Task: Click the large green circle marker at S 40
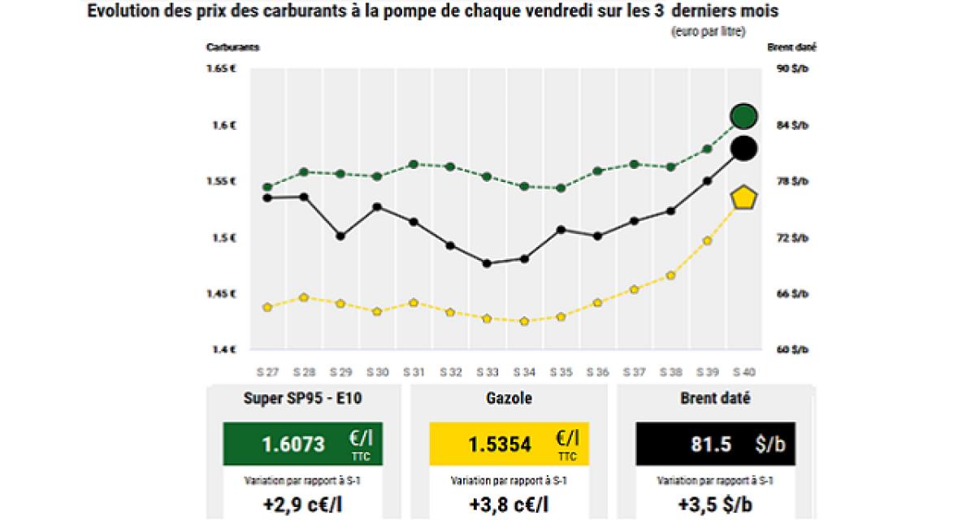[743, 116]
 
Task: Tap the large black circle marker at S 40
[743, 148]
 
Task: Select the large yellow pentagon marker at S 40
[743, 198]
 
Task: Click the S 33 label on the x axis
[487, 372]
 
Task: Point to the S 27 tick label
[267, 372]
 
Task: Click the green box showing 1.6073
[303, 444]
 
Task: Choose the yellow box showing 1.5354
[510, 444]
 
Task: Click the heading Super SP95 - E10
[303, 399]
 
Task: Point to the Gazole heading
[510, 399]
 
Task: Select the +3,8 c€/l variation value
[510, 505]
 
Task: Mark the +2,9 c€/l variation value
[303, 505]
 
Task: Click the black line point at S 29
[340, 236]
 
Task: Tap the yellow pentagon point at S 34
[524, 322]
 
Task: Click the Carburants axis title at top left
[232, 47]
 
